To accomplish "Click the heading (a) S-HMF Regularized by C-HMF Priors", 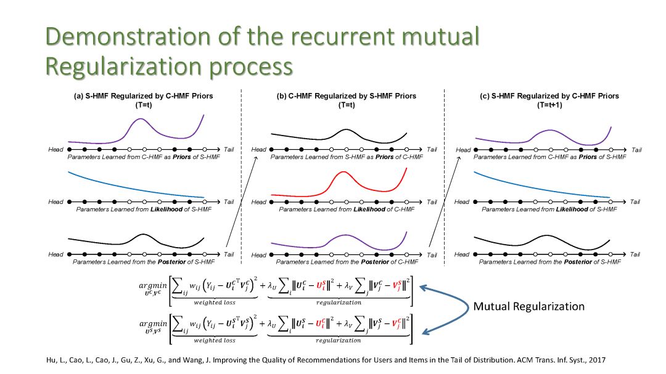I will click(x=144, y=96).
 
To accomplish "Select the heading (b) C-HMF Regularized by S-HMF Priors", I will click(x=347, y=96).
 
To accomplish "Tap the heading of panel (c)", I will click(x=549, y=96).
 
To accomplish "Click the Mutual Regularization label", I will click(x=528, y=306).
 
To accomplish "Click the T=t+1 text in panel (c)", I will click(x=549, y=105).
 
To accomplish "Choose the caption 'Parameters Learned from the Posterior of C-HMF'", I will click(x=345, y=262).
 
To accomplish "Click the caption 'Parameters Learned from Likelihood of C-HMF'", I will click(x=345, y=210).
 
